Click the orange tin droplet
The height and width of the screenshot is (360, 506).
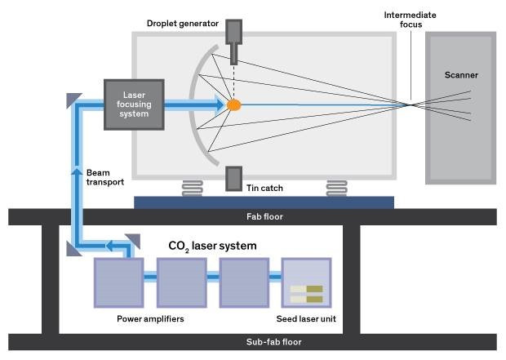pyautogui.click(x=234, y=104)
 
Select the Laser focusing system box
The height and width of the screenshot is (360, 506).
pyautogui.click(x=133, y=104)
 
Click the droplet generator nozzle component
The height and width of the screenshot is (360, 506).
pyautogui.click(x=234, y=41)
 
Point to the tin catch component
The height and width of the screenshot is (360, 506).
pyautogui.click(x=234, y=179)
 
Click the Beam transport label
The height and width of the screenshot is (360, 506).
pyautogui.click(x=104, y=177)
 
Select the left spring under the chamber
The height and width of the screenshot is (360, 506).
pyautogui.click(x=193, y=188)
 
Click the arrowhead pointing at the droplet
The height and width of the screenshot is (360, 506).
pyautogui.click(x=219, y=104)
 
